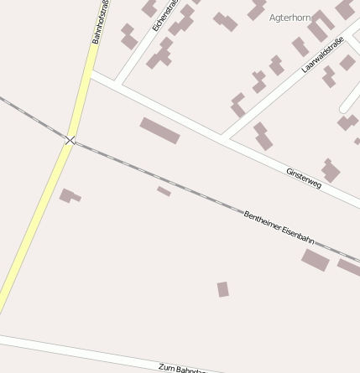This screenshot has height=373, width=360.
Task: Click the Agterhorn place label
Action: tap(290, 17)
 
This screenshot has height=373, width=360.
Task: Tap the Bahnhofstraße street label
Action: tap(101, 22)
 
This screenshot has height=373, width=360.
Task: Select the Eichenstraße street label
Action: tap(165, 16)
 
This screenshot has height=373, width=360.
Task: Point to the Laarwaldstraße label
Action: tap(324, 53)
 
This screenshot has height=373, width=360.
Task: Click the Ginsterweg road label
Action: tap(304, 178)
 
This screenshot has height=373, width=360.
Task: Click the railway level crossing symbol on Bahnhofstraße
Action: tap(70, 139)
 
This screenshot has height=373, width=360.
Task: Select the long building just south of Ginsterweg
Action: tap(159, 131)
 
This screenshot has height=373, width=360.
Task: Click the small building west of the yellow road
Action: tap(69, 196)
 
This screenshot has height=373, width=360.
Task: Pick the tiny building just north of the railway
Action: tap(164, 191)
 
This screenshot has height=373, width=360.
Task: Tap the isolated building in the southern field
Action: tap(222, 289)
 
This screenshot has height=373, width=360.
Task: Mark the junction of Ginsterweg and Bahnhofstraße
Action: tap(89, 76)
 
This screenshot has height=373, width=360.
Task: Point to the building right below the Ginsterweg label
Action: tap(330, 170)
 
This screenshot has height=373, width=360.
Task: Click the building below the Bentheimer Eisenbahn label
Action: tap(316, 260)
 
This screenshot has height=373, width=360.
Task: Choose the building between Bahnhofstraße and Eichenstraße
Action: tap(128, 36)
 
